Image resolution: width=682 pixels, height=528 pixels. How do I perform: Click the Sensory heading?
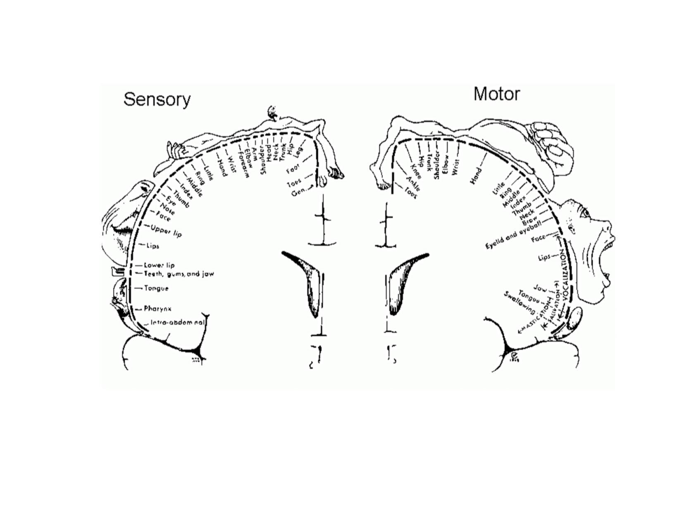[157, 99]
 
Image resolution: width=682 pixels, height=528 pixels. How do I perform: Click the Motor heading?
[496, 94]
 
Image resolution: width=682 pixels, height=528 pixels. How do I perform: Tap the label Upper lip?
[166, 231]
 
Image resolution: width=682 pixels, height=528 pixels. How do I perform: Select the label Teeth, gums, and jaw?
[179, 274]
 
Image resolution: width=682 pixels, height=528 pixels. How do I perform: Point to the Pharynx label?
[157, 309]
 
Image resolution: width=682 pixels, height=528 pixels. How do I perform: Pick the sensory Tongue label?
[156, 288]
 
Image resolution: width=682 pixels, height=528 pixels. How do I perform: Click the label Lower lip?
[159, 265]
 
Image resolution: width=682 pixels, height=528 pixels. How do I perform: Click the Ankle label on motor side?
[413, 182]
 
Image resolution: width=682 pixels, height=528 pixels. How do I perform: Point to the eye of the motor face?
[585, 214]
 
